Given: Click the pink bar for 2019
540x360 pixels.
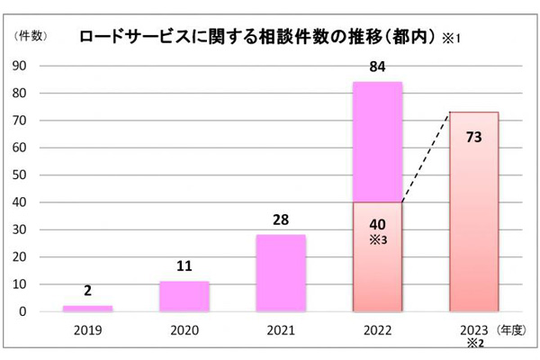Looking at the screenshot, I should (88, 309).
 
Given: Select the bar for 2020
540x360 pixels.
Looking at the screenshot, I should (184, 297).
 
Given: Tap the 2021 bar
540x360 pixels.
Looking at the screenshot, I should (281, 274).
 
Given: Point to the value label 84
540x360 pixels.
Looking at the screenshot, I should (378, 67).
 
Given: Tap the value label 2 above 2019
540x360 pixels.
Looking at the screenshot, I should (88, 292).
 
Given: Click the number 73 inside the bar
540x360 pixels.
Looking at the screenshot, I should (473, 138).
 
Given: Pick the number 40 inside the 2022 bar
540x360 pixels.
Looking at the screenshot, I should (378, 225).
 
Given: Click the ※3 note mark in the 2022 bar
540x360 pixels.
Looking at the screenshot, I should (378, 240).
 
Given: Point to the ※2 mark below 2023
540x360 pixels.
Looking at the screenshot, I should (473, 343).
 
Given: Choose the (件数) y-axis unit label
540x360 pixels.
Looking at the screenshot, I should (31, 37).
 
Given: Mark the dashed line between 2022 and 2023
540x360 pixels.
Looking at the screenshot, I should (426, 157).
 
